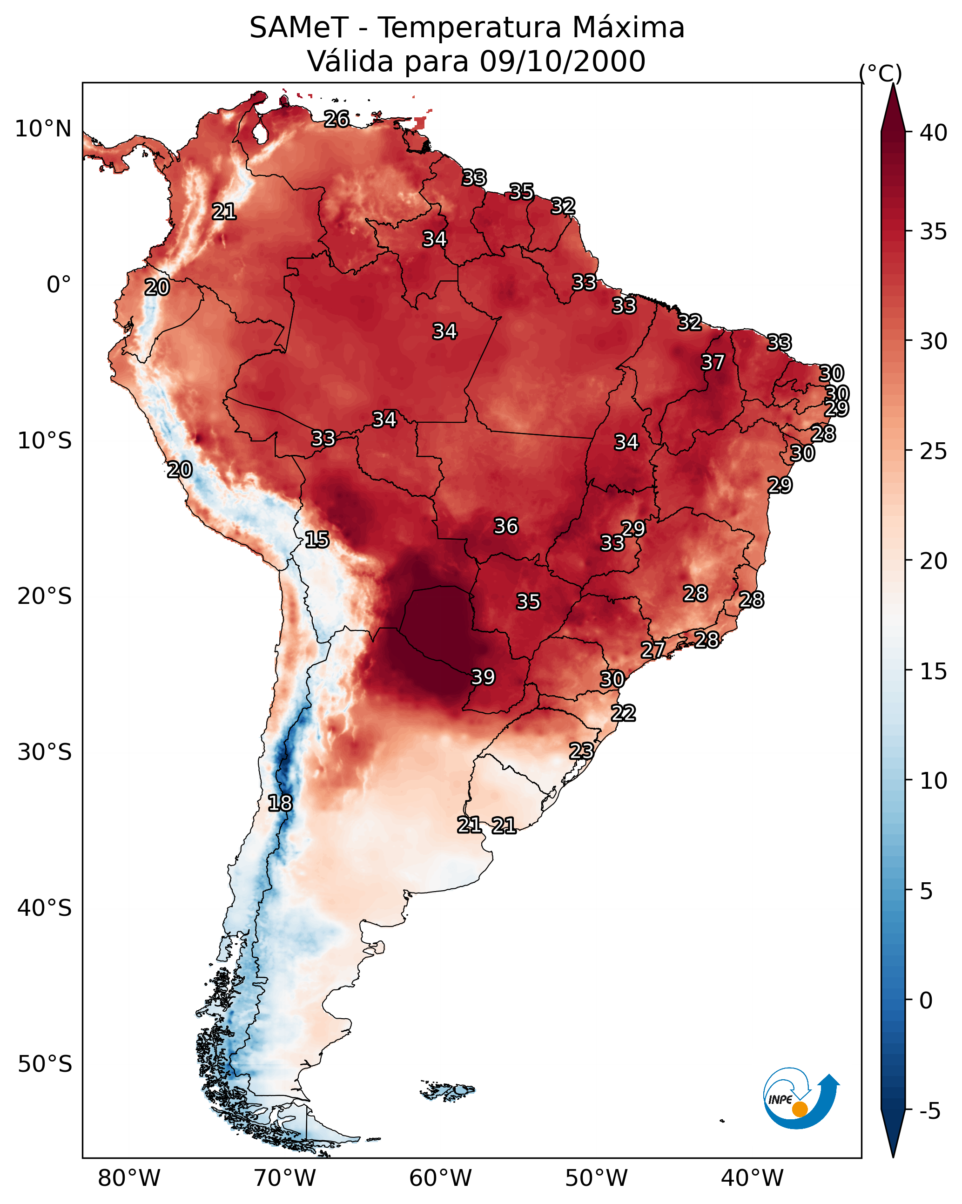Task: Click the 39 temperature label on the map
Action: pos(483,677)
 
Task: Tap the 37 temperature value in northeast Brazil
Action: pos(713,362)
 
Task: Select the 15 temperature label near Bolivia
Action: pos(316,540)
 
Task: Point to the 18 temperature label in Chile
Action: pos(280,803)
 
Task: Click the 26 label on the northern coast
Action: pos(336,119)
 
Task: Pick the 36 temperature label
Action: pos(506,526)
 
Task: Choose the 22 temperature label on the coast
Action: pos(623,713)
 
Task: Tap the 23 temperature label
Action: pos(581,751)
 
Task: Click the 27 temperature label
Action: pos(653,649)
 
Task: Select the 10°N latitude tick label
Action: pos(43,129)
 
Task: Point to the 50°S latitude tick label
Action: pos(45,1064)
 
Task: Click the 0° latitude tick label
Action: pos(59,285)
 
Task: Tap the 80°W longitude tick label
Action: pos(129,1178)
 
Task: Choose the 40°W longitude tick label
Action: pos(752,1178)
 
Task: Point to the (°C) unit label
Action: pos(881,73)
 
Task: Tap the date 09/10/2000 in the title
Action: pos(562,61)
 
